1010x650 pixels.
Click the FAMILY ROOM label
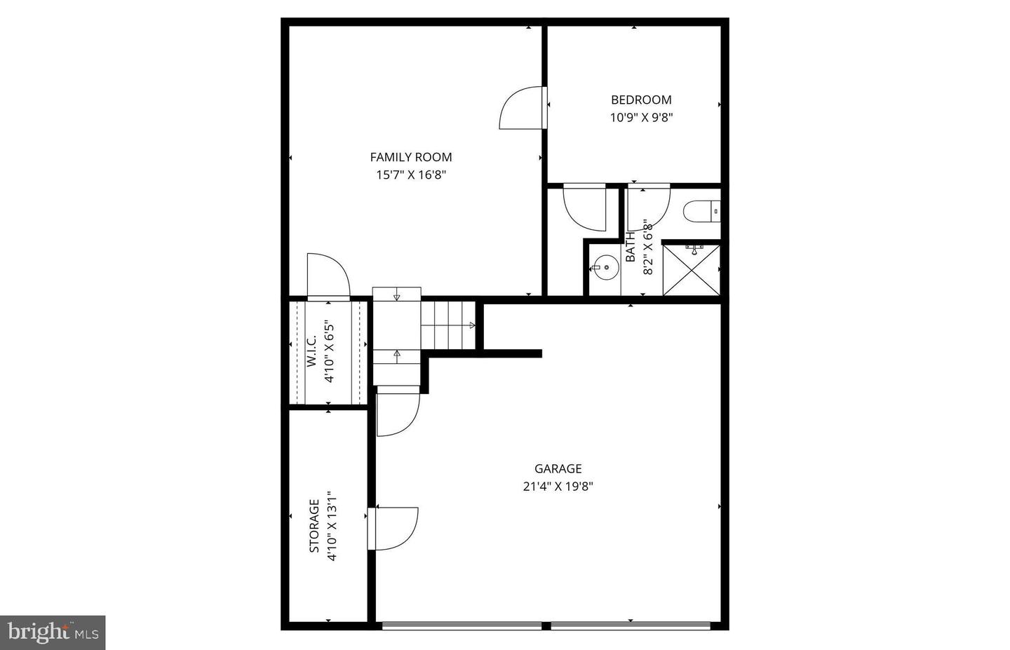411,157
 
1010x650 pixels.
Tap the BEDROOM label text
641,100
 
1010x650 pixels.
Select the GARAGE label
558,469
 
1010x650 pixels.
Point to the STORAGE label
315,526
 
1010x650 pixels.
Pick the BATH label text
631,247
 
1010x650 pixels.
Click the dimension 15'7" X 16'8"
411,175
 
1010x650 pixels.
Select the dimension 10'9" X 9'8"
641,118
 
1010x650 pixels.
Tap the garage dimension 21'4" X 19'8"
558,487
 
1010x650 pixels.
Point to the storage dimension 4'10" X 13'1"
332,526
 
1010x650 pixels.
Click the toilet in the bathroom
701,211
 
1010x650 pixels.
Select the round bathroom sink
605,267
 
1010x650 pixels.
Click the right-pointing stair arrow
472,325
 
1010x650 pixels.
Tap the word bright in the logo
37,632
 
